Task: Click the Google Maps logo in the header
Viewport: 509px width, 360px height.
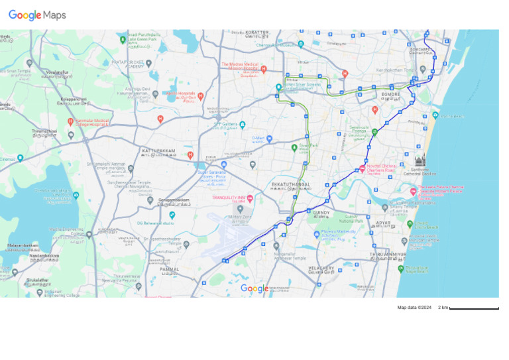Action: [x=37, y=15]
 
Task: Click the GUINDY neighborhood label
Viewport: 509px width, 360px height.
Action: [x=321, y=213]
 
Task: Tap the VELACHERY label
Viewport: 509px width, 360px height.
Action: [x=321, y=269]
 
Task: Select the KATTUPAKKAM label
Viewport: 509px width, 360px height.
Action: [x=158, y=151]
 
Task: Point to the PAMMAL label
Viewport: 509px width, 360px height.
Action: [x=169, y=269]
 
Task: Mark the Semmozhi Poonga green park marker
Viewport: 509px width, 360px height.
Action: [x=374, y=131]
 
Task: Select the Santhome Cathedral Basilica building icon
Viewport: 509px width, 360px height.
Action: [x=420, y=160]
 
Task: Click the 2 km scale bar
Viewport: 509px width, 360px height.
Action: [x=473, y=308]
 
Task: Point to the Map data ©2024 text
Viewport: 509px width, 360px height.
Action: [x=414, y=308]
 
